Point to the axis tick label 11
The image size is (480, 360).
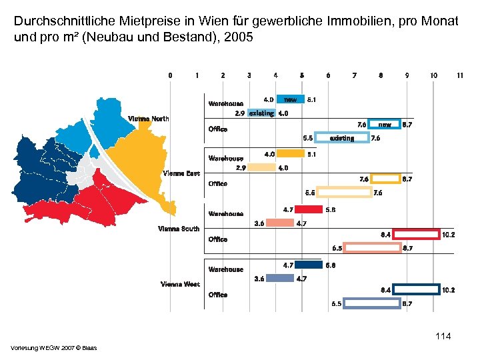point(460,75)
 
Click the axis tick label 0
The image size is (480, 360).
point(170,75)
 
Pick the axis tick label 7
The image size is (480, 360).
point(354,75)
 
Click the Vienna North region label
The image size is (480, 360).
point(149,119)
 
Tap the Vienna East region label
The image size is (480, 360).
point(181,173)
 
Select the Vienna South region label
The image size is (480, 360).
point(179,229)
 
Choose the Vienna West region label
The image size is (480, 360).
point(180,284)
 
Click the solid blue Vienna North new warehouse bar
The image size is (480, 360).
point(291,99)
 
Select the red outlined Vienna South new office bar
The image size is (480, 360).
point(417,235)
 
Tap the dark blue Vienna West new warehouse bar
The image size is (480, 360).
point(307,265)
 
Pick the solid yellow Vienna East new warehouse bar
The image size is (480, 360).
point(291,155)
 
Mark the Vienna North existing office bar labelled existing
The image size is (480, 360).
point(341,138)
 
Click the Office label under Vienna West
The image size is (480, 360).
point(218,294)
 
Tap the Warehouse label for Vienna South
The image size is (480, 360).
point(226,214)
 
